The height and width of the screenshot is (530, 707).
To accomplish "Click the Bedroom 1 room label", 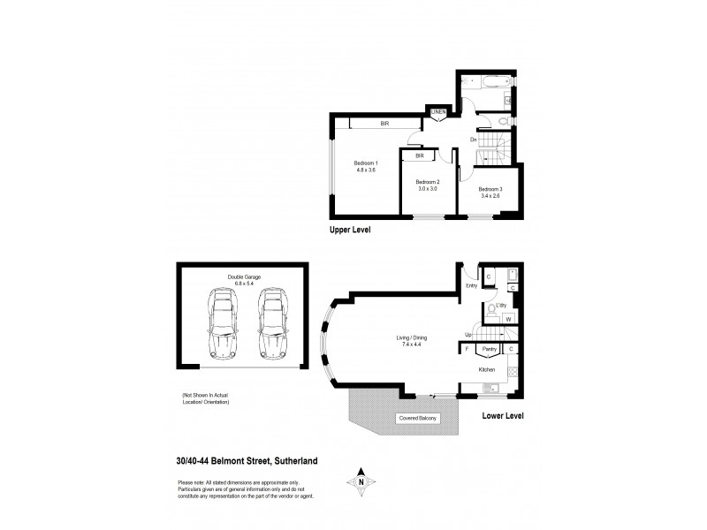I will [366, 163].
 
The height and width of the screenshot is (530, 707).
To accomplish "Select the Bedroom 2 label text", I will [428, 184].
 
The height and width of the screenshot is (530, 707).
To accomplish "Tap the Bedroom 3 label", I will [490, 188].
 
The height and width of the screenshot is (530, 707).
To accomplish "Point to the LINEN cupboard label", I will [438, 112].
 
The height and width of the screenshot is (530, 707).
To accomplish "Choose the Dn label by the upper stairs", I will [474, 140].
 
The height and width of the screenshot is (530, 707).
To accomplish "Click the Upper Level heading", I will [349, 229].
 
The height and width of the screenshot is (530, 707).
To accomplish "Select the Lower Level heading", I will [503, 413].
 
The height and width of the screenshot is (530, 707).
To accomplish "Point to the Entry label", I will [471, 284].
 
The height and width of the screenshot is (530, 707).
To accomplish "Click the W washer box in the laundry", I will [509, 319].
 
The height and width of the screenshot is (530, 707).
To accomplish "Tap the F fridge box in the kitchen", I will [466, 350].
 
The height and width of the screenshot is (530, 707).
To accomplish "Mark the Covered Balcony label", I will [416, 418].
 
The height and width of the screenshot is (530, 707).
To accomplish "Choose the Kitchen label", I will [488, 369].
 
